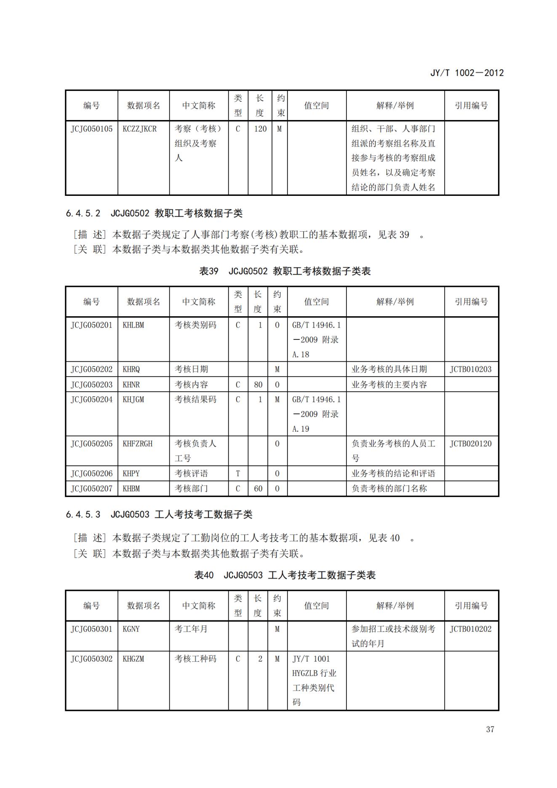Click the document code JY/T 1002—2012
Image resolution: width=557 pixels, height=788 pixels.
(x=466, y=73)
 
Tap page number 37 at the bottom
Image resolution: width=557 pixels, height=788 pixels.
(x=490, y=729)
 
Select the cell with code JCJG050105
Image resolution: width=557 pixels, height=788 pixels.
(x=91, y=129)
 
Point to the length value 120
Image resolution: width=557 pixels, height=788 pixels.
(x=260, y=129)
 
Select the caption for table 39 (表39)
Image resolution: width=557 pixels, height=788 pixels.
(x=285, y=271)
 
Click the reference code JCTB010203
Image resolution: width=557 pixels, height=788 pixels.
(x=470, y=369)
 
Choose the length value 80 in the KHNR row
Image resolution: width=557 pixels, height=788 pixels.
(x=258, y=385)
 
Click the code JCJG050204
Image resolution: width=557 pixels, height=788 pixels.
(x=91, y=399)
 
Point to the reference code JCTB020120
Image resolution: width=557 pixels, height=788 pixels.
(x=470, y=443)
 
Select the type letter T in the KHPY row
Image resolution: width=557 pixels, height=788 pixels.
(x=238, y=473)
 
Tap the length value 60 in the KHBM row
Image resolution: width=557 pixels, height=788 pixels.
(x=258, y=489)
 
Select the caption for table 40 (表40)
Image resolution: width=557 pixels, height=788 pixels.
(x=285, y=575)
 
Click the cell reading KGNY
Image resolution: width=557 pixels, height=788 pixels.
(x=131, y=629)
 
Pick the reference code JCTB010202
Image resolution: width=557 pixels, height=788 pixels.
(x=470, y=629)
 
